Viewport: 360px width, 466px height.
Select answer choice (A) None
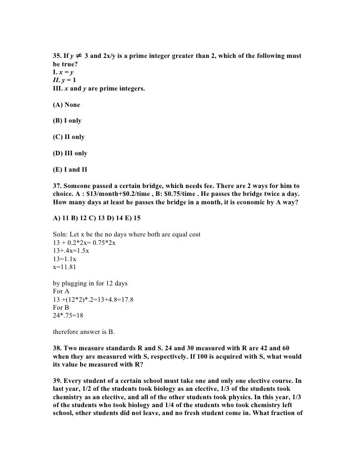(66, 105)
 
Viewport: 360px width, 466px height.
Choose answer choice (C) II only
(68, 138)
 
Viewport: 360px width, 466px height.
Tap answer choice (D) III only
(70, 153)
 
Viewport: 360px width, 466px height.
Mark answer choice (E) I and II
(70, 170)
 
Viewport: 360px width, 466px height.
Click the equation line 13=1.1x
(64, 258)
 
